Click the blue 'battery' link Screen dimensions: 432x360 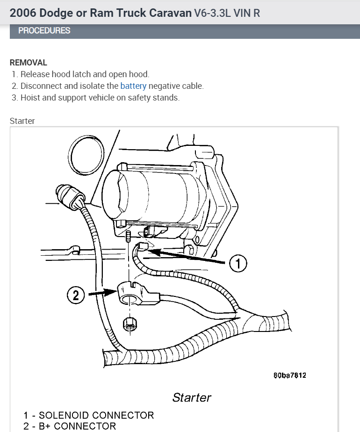133,86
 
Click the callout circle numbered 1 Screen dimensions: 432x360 238,264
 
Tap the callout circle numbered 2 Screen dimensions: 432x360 76,295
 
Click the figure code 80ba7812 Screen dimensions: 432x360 290,375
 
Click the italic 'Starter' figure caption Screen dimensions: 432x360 192,397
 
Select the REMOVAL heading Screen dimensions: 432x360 29,63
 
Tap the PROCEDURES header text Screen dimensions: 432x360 44,31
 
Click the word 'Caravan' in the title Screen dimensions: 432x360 170,13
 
